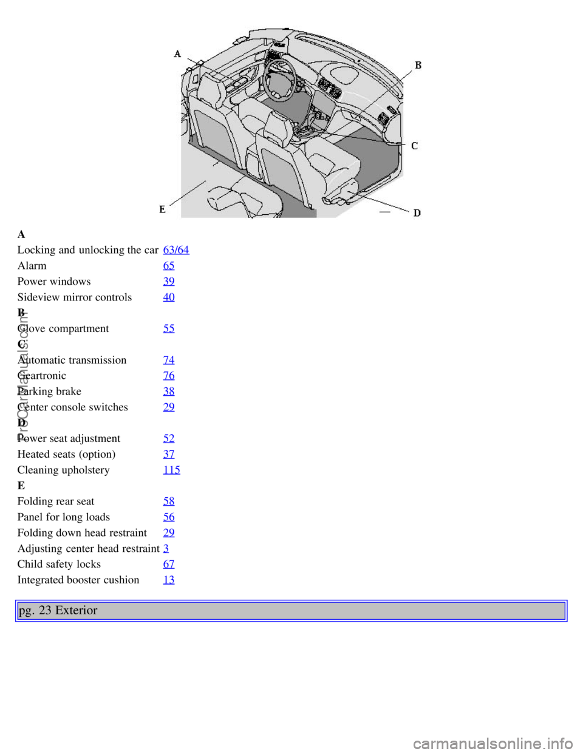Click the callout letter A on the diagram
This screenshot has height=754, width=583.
click(x=177, y=54)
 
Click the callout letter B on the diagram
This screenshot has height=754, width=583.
click(x=418, y=65)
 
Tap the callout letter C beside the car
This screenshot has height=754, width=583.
click(x=415, y=146)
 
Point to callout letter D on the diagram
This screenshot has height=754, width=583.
click(x=417, y=212)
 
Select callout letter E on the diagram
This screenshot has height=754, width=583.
click(x=162, y=209)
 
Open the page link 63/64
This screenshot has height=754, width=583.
click(x=176, y=250)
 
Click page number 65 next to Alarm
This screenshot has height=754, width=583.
click(x=169, y=265)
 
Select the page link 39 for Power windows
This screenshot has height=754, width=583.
click(x=169, y=281)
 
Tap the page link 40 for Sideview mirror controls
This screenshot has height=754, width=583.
click(x=169, y=297)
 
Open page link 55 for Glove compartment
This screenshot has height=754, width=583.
click(x=169, y=328)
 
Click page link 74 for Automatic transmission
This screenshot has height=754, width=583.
click(x=169, y=360)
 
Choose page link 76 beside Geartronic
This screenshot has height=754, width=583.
click(x=169, y=376)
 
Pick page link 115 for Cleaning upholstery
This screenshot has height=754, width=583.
click(x=172, y=470)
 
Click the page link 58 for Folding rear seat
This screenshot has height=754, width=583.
click(x=169, y=501)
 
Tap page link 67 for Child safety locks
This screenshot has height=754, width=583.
click(x=169, y=564)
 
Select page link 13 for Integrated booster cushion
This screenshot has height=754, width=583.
click(x=169, y=580)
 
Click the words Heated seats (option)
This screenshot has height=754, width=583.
click(x=66, y=454)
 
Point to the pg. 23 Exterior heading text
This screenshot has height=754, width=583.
click(x=58, y=610)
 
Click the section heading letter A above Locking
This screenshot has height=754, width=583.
click(x=21, y=234)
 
